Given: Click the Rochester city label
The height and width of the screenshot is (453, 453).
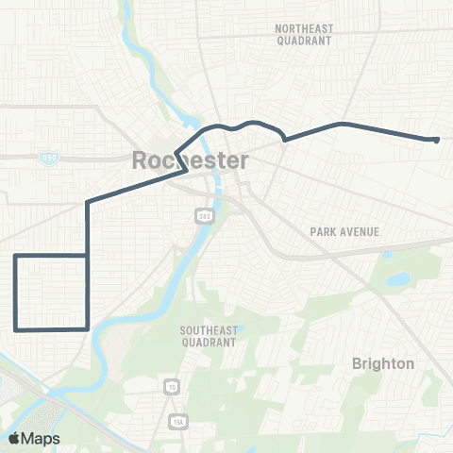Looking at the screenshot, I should tap(191, 160).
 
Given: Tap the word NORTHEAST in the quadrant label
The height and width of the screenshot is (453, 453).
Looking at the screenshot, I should tap(304, 29).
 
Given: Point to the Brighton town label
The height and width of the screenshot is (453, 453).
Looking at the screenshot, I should tap(382, 363).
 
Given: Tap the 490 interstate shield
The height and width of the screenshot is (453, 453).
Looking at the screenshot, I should tap(47, 157).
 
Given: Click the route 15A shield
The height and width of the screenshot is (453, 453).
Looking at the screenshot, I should tap(178, 420).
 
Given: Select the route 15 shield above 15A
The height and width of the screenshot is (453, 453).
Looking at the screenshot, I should tap(172, 386).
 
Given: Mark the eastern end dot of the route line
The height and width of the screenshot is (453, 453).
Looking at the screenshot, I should tap(436, 141).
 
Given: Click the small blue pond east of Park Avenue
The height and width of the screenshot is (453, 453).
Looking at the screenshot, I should tap(395, 280).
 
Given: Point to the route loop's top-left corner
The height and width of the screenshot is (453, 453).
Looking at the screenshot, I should tap(15, 256).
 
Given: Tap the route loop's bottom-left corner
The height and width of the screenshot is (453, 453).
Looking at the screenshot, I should tap(15, 328).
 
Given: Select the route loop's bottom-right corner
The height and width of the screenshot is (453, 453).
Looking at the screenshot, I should tap(88, 328).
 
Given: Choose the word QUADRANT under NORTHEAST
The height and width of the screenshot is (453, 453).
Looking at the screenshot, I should tap(304, 42).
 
